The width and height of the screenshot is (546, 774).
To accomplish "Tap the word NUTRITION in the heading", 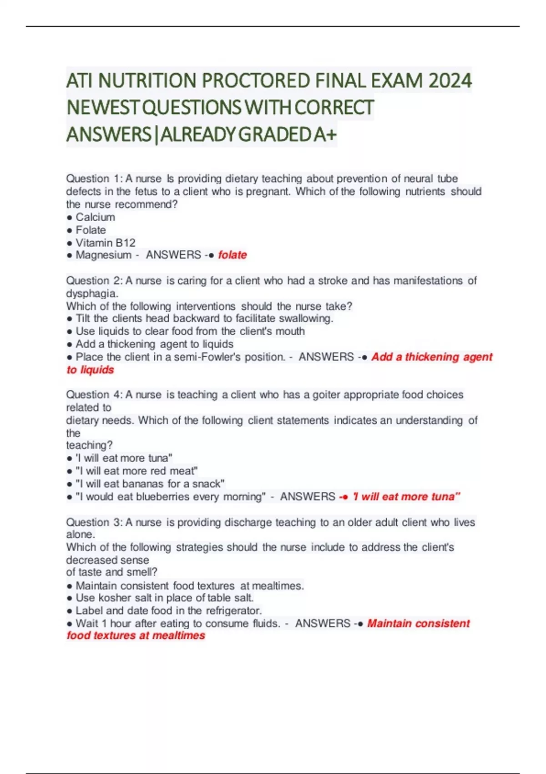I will tap(147, 81).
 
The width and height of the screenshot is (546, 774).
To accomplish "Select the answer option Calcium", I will tap(95, 217).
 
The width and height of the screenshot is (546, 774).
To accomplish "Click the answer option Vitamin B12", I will tap(105, 243).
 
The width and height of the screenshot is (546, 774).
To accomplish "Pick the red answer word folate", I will tap(232, 255).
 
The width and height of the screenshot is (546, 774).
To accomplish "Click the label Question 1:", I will tap(94, 178).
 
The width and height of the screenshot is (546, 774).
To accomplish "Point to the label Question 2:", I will tap(94, 280).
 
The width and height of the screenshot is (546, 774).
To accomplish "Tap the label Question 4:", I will tap(94, 394).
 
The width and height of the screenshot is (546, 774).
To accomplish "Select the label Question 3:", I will tap(94, 522).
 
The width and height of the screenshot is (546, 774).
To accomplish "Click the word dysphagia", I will tap(91, 294).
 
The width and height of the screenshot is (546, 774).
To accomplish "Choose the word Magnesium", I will tap(103, 255).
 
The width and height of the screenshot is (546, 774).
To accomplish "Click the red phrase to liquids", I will tap(90, 370).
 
